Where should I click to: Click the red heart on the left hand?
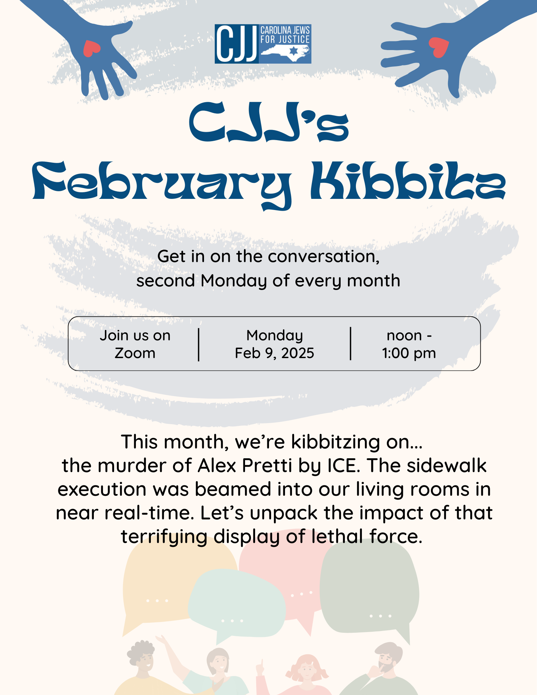click(91, 48)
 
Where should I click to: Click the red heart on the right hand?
click(439, 47)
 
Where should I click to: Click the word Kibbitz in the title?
click(408, 181)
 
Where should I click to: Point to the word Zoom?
click(135, 353)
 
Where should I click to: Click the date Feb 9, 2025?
click(275, 353)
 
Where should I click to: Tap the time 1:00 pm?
click(409, 354)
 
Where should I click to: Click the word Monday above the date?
click(275, 336)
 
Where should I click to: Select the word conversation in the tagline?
click(324, 257)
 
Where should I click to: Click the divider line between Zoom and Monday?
click(198, 345)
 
